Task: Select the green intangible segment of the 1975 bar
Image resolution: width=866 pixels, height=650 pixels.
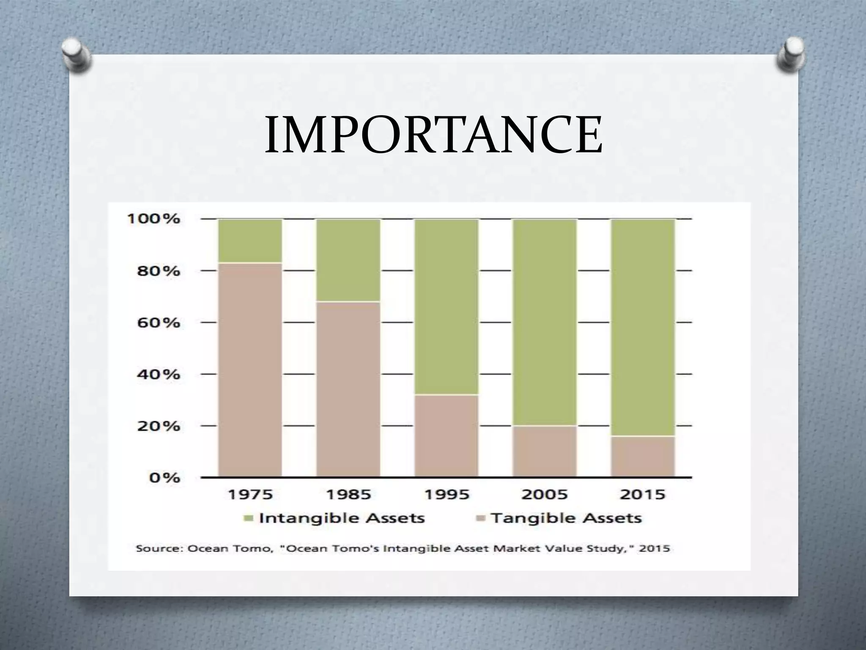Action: tap(250, 240)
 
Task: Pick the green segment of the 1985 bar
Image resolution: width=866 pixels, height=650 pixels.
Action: tap(348, 260)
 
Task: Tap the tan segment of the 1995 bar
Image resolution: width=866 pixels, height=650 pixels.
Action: tap(446, 435)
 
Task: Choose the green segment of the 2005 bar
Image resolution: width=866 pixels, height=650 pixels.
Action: tap(544, 322)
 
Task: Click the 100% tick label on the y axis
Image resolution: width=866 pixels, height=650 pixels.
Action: tap(153, 219)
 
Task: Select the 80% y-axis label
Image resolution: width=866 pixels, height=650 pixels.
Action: tap(158, 271)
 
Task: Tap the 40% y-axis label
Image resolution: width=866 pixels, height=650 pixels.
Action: tap(158, 375)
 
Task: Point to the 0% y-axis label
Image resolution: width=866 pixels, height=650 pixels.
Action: tap(164, 478)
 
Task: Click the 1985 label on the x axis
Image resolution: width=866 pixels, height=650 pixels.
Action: tap(348, 494)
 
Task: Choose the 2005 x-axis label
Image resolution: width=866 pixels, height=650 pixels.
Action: tap(544, 494)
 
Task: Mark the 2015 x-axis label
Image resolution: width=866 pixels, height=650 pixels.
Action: tap(642, 494)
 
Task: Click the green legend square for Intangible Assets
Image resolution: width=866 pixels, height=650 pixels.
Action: tap(249, 518)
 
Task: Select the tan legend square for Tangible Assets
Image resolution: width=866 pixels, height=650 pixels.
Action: tap(480, 518)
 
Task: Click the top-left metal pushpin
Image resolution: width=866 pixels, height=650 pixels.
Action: tap(77, 55)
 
